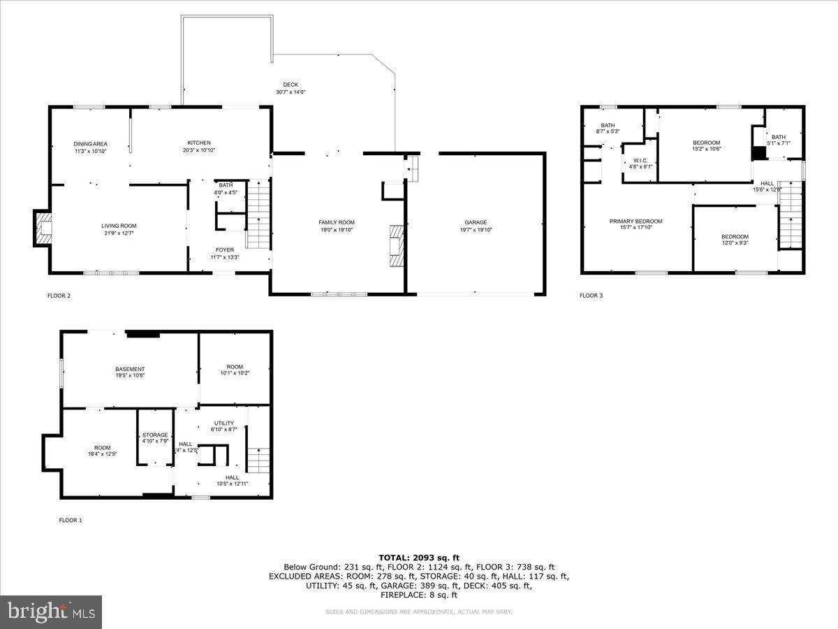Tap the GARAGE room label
[476, 222]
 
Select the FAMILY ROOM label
[337, 222]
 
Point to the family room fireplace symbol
[397, 245]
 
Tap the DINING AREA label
[90, 143]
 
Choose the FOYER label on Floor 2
[225, 250]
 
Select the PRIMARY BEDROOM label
[635, 222]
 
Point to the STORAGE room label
[155, 435]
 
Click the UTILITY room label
[224, 423]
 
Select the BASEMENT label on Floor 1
[130, 369]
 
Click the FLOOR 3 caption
[591, 296]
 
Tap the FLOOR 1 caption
[70, 520]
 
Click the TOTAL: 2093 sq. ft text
[419, 557]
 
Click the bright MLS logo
[51, 612]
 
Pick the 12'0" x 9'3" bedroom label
[735, 236]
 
